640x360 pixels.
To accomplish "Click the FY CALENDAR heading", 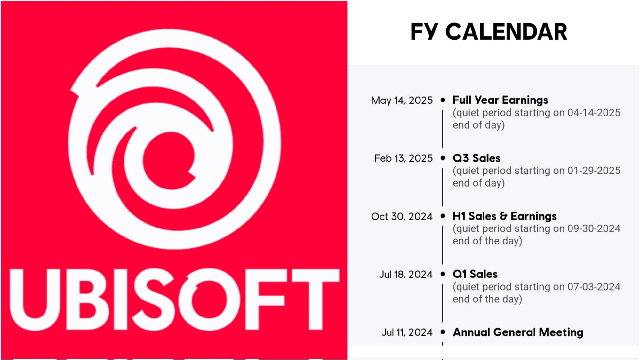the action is (489, 32).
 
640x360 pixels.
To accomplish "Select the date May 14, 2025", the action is (402, 100).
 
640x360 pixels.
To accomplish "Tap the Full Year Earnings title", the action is (500, 100).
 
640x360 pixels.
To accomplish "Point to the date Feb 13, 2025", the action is (404, 158).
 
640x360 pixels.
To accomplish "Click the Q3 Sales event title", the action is (476, 158).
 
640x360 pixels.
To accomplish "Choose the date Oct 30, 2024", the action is (402, 217).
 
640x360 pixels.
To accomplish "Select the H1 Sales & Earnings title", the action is (505, 216).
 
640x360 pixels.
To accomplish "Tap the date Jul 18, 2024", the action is (406, 275).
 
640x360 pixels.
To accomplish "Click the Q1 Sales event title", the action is (475, 274).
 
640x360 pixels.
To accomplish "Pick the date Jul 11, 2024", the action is (407, 332).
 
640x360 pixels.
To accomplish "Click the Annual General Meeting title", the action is (518, 332).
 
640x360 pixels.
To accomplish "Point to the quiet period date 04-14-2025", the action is (594, 113).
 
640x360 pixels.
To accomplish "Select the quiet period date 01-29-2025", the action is (594, 171).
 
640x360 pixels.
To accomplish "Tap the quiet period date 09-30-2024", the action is (594, 228).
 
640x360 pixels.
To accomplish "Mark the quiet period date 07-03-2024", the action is (594, 287).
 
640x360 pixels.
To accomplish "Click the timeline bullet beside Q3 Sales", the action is (443, 158).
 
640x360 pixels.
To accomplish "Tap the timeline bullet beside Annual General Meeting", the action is (443, 332).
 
